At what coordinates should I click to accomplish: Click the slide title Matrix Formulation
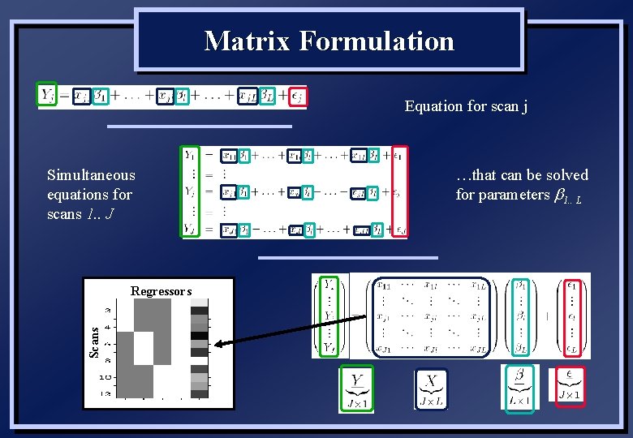pyautogui.click(x=329, y=41)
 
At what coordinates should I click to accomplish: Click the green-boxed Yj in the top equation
pyautogui.click(x=47, y=97)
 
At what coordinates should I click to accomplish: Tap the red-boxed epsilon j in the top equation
pyautogui.click(x=298, y=97)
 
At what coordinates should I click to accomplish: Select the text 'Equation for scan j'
pyautogui.click(x=466, y=106)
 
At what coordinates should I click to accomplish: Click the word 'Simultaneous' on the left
pyautogui.click(x=91, y=175)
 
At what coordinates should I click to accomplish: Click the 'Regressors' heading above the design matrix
pyautogui.click(x=161, y=291)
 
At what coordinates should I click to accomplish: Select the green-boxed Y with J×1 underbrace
pyautogui.click(x=356, y=390)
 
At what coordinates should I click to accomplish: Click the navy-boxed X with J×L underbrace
pyautogui.click(x=431, y=390)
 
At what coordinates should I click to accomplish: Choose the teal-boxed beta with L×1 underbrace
pyautogui.click(x=519, y=389)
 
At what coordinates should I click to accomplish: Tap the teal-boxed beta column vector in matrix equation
pyautogui.click(x=521, y=316)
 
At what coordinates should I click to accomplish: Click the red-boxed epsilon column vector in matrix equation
pyautogui.click(x=572, y=316)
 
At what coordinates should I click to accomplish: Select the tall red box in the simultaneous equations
pyautogui.click(x=399, y=191)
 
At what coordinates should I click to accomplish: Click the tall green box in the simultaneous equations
pyautogui.click(x=190, y=191)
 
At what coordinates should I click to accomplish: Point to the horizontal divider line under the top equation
pyautogui.click(x=199, y=127)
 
